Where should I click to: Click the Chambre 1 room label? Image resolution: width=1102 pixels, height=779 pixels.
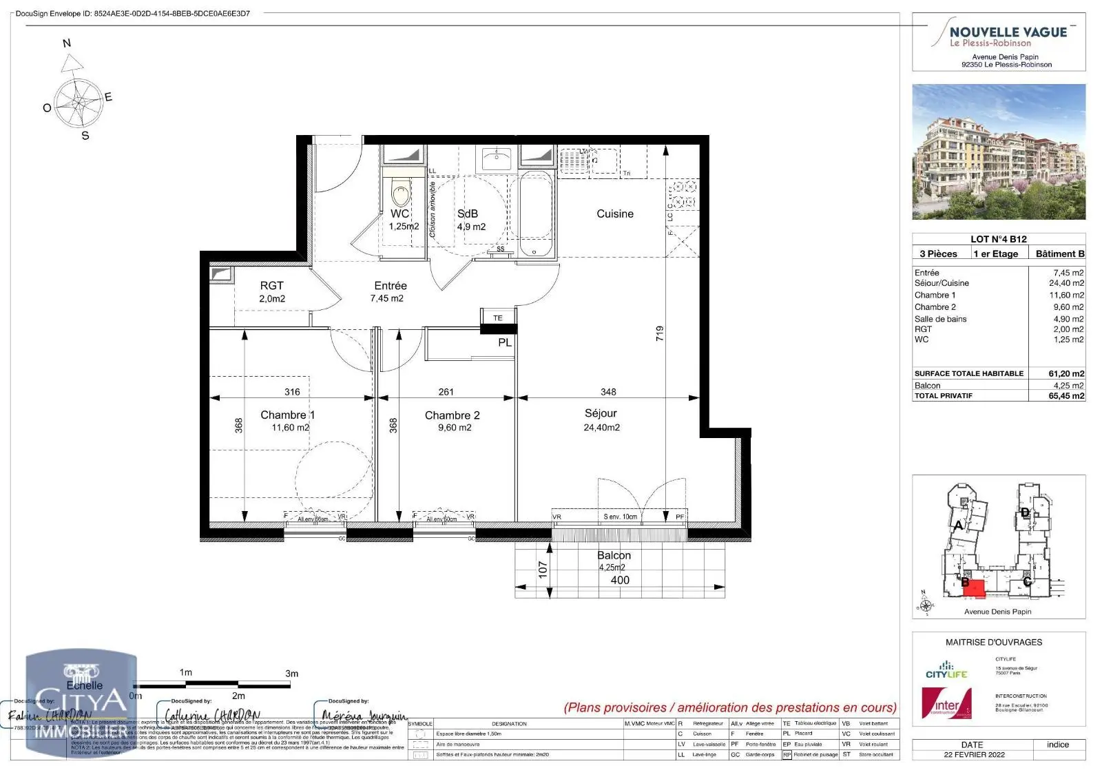tap(287, 415)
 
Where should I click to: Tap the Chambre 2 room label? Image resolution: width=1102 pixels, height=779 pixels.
tap(452, 415)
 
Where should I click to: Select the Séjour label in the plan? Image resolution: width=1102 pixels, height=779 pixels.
tap(601, 413)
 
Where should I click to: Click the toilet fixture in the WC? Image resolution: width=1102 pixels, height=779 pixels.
tap(399, 189)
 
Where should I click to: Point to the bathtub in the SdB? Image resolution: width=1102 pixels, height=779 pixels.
tap(535, 215)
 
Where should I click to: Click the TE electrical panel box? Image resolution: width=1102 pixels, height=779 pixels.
tap(498, 318)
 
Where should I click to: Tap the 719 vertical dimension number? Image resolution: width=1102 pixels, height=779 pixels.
tap(660, 334)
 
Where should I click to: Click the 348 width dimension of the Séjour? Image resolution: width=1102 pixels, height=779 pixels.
tap(608, 392)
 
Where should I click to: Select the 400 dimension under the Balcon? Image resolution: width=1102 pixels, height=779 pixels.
tap(620, 580)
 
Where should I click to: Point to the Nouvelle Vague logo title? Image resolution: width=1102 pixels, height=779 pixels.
tap(1008, 32)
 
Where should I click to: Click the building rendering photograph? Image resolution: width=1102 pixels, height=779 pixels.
tap(999, 152)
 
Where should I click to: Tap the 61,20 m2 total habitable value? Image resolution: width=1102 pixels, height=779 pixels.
tap(1066, 373)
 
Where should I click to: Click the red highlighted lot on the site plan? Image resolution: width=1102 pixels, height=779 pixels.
tap(974, 587)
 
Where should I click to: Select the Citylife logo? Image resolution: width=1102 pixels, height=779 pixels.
tap(946, 670)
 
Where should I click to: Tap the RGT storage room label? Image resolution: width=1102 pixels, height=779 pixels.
tap(271, 285)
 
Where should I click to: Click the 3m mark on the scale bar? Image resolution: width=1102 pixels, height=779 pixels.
tap(291, 673)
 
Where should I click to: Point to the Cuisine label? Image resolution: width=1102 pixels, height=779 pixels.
tap(614, 214)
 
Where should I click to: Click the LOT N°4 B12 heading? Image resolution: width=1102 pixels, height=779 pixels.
tap(998, 239)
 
